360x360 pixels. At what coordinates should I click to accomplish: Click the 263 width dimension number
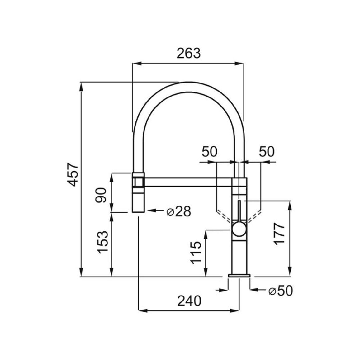188,53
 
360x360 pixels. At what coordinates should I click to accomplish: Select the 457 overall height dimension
74,174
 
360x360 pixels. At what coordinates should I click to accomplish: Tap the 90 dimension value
101,195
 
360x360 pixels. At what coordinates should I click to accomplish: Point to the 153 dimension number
103,242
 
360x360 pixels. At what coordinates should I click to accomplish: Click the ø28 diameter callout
179,211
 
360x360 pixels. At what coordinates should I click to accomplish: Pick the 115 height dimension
196,253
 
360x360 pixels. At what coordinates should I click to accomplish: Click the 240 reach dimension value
189,301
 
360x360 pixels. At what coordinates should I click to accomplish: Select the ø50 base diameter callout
281,291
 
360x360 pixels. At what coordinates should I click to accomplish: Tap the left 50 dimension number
209,152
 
